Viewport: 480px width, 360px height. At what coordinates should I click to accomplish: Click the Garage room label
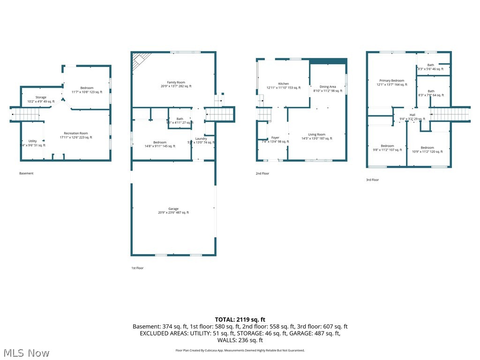(173, 209)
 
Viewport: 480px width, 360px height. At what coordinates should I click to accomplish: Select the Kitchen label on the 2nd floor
(284, 84)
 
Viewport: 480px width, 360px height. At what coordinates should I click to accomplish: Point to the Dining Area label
(328, 87)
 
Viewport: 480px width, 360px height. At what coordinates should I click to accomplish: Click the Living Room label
(316, 135)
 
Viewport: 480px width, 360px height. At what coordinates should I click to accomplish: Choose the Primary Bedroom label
(391, 81)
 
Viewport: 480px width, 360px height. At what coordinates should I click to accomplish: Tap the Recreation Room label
(76, 133)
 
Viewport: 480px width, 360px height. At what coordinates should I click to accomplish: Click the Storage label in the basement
(41, 97)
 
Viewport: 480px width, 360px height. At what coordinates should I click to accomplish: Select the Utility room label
(32, 141)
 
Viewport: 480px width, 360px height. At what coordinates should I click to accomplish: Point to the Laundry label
(201, 139)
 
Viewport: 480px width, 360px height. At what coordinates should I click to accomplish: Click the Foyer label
(275, 138)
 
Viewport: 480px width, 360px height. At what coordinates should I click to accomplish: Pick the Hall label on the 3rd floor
(412, 115)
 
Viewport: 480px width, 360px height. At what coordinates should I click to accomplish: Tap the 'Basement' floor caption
(26, 173)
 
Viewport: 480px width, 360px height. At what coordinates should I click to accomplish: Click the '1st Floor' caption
(137, 268)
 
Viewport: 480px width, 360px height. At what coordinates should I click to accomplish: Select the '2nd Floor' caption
(262, 173)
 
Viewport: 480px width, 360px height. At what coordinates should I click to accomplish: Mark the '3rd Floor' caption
(372, 180)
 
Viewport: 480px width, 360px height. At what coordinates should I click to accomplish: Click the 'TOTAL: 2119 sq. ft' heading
(240, 319)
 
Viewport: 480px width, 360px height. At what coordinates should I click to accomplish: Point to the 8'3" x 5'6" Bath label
(431, 65)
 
